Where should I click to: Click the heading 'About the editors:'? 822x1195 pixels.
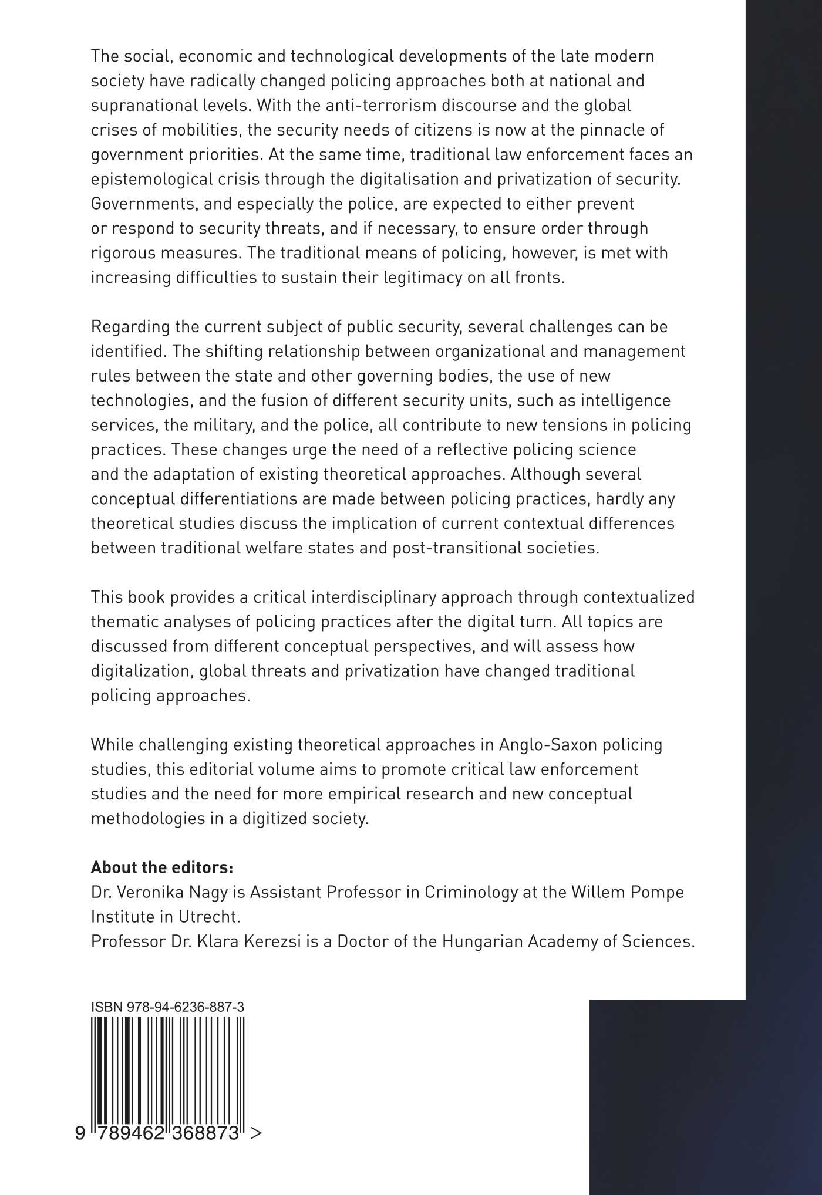162,867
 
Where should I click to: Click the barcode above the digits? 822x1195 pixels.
168,1068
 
